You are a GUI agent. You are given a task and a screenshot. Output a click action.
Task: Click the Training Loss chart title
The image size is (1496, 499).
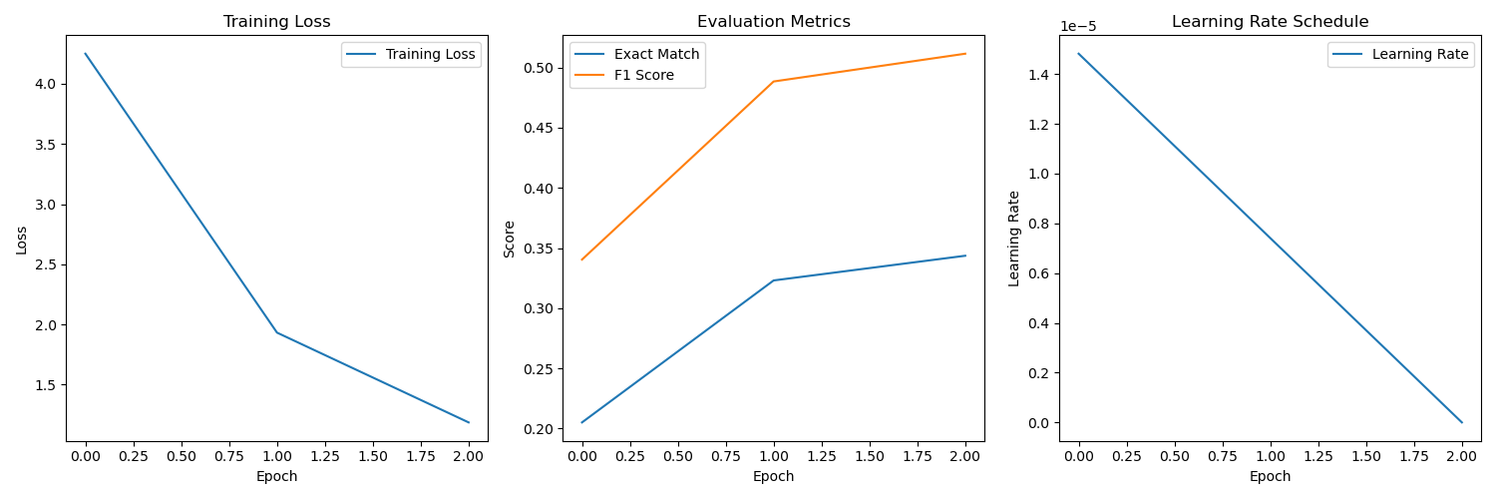click(276, 22)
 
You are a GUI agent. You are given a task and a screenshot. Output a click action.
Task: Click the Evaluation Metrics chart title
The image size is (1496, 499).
click(773, 22)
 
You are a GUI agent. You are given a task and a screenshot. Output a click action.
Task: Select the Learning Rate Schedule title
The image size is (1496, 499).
click(1270, 22)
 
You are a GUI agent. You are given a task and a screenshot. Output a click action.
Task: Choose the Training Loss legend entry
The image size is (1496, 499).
click(431, 54)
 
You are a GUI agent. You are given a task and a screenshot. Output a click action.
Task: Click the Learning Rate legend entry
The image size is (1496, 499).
click(1420, 54)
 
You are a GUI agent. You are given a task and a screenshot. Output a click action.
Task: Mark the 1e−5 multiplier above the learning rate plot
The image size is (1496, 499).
click(1077, 27)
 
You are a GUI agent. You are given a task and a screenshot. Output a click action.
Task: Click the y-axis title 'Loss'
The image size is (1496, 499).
click(22, 240)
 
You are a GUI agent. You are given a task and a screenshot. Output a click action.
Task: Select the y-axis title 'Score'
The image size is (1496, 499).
click(510, 240)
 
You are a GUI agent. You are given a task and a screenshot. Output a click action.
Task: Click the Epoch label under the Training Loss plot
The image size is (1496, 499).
click(276, 477)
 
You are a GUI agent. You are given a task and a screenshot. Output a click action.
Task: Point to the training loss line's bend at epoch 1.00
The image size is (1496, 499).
click(277, 332)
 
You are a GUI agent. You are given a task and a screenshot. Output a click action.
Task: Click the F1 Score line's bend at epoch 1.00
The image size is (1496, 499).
click(774, 82)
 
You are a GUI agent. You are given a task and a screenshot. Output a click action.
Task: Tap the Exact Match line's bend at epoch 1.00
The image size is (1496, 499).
click(774, 280)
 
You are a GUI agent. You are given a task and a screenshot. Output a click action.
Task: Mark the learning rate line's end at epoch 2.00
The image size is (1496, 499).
click(1462, 422)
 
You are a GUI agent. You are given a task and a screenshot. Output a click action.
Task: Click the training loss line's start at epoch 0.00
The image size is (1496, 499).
click(86, 54)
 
